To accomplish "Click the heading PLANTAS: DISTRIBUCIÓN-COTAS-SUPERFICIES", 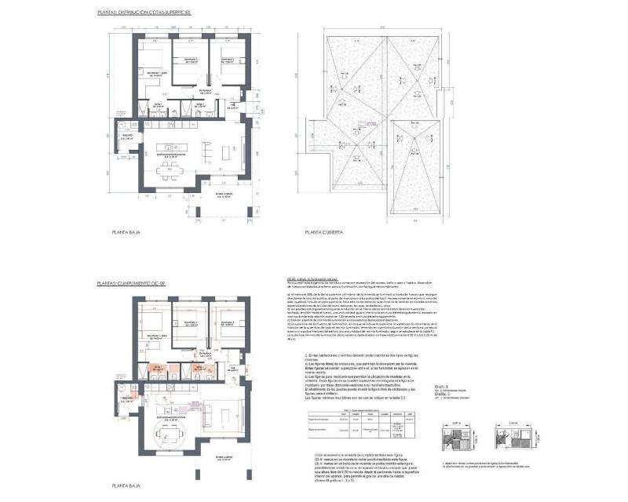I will tap(144, 13).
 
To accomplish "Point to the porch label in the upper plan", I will tap(227, 197).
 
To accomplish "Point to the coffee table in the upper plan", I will tap(209, 149).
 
